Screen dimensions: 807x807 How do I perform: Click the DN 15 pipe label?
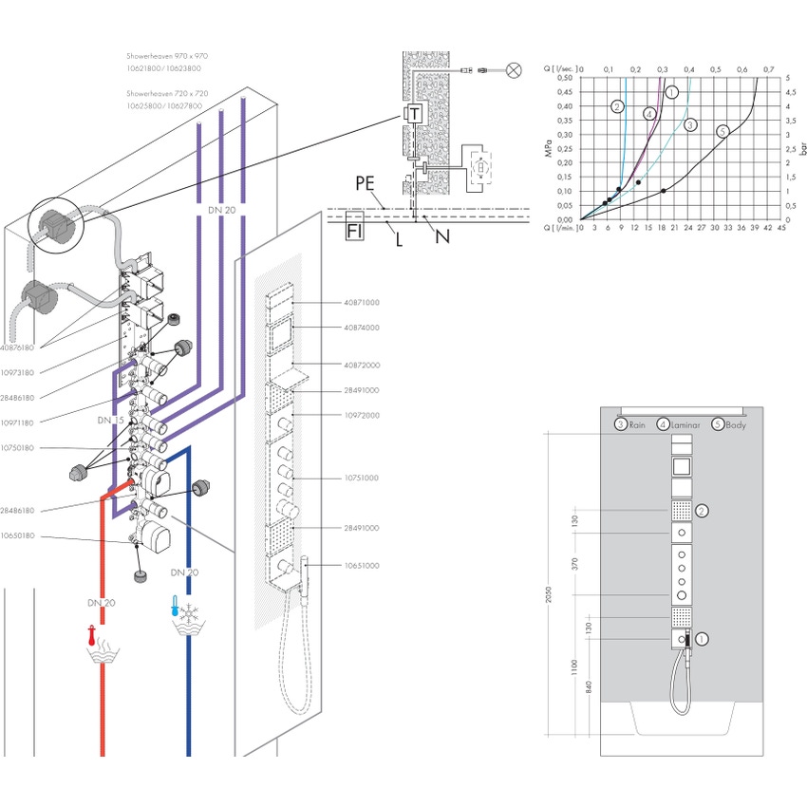[x=111, y=420]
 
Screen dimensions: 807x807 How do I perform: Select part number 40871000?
[x=362, y=303]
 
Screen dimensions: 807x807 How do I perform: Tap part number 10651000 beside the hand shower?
[x=362, y=566]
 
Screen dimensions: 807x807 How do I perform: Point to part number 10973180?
[x=18, y=373]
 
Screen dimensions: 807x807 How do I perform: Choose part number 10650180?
[x=18, y=536]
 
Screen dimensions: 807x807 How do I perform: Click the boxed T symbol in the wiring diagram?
[x=413, y=114]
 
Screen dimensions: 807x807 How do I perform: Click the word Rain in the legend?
[x=636, y=425]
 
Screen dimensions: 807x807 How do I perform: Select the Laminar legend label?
[x=684, y=425]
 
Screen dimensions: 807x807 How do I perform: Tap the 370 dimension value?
[x=574, y=564]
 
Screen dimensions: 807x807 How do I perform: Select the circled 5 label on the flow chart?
[x=723, y=132]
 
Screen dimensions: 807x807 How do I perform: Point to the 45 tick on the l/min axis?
[x=781, y=228]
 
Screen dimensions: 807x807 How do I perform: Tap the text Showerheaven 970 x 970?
[x=168, y=57]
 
